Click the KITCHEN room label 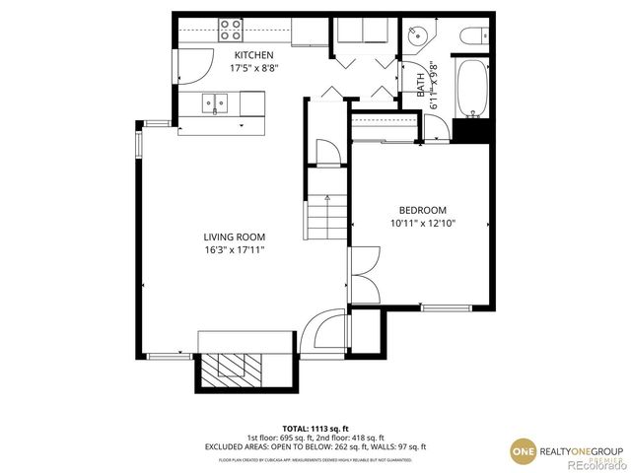click(x=252, y=55)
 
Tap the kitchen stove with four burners click(x=233, y=28)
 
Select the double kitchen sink click(x=214, y=101)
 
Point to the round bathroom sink click(x=418, y=34)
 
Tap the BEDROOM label click(x=422, y=210)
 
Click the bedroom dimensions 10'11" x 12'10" click(x=422, y=224)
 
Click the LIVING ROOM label click(x=235, y=236)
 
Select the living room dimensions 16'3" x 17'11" click(x=235, y=250)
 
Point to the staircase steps click(x=325, y=217)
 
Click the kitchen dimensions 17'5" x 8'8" click(x=252, y=69)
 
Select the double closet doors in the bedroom click(x=364, y=273)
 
